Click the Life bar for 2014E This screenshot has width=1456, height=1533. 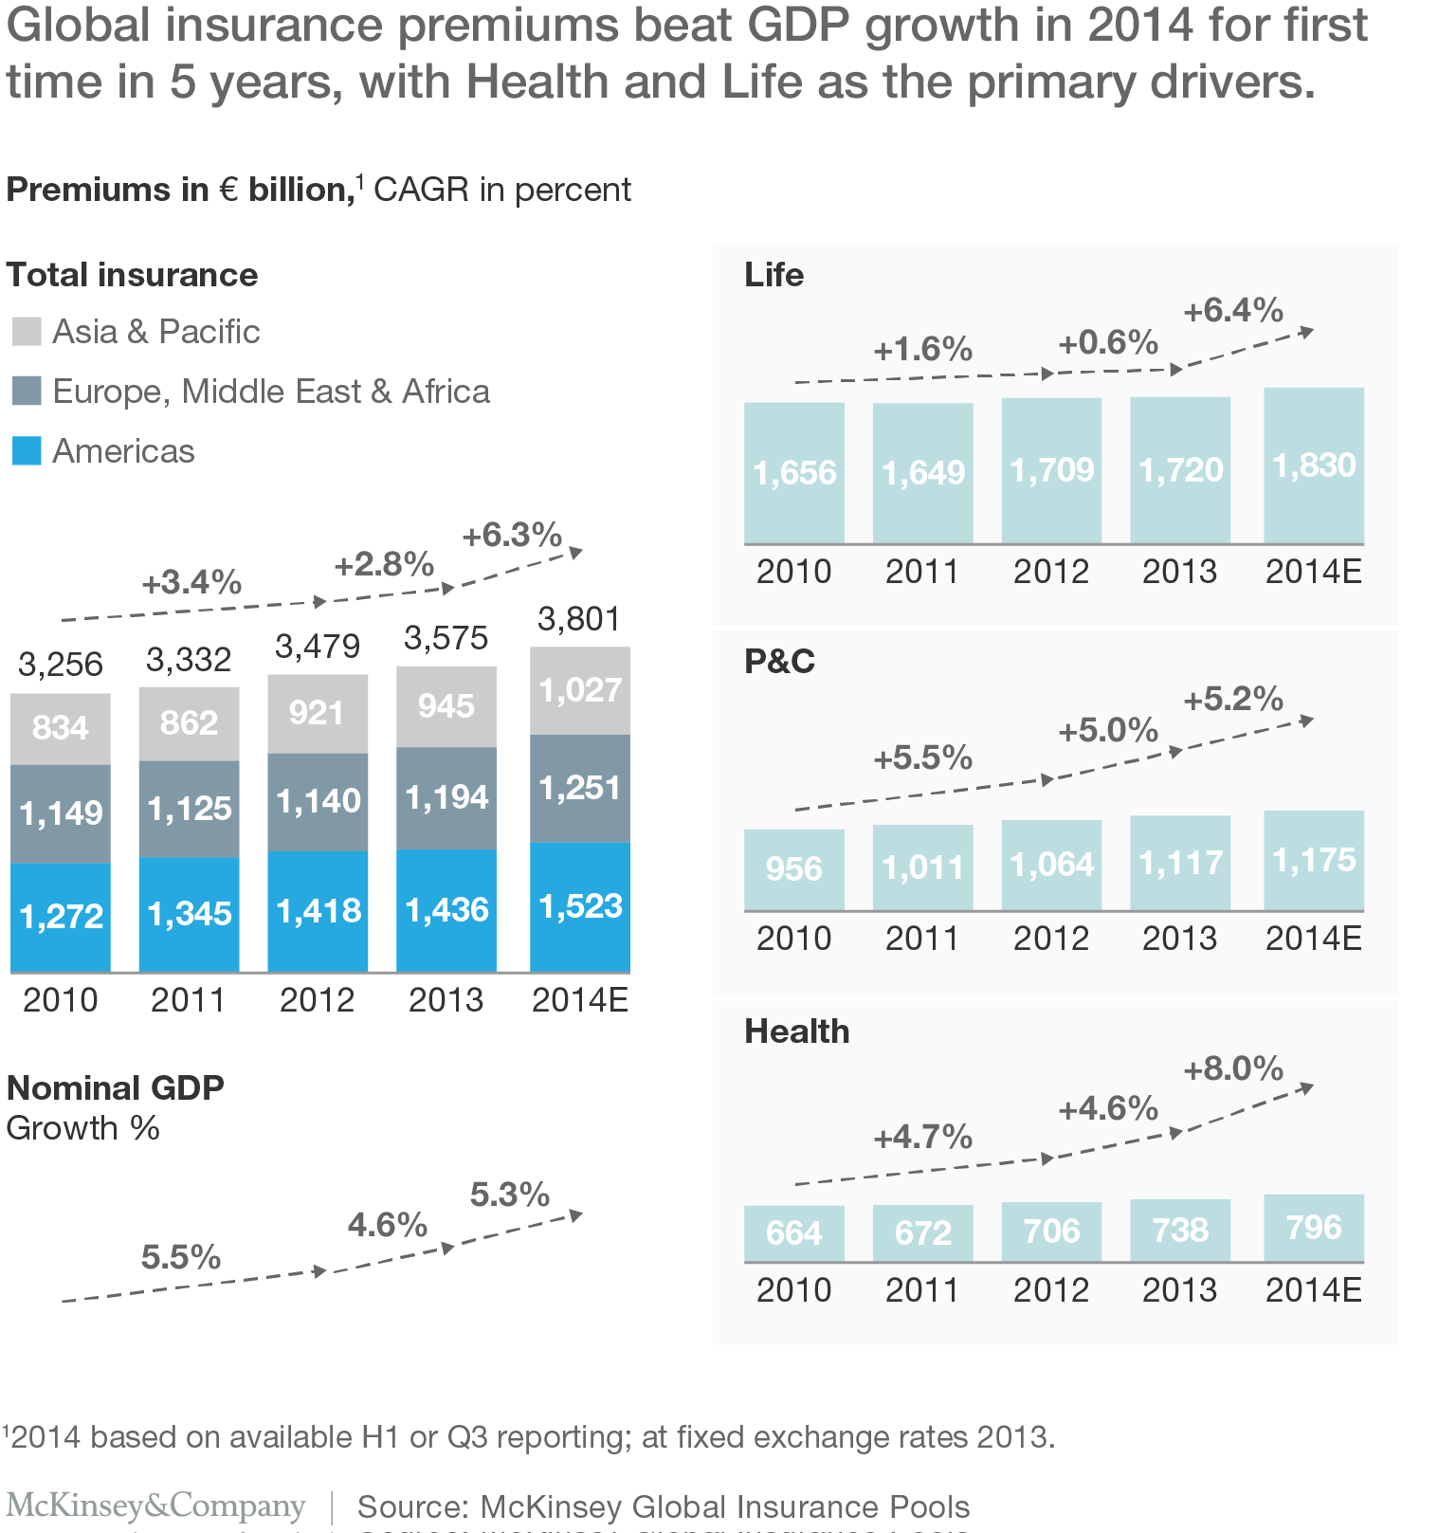click(1314, 465)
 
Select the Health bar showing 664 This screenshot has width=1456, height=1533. click(793, 1232)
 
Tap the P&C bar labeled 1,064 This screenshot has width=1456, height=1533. click(1051, 865)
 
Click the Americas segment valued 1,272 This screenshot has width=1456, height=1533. click(61, 916)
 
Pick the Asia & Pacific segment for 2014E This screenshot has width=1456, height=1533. click(579, 690)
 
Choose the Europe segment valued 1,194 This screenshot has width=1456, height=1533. click(446, 797)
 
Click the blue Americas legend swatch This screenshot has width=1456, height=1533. click(27, 450)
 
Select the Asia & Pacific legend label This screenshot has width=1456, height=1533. click(155, 332)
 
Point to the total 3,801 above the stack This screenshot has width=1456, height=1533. click(578, 619)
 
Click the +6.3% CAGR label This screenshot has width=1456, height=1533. click(512, 535)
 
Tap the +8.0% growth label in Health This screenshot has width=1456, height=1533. click(1233, 1068)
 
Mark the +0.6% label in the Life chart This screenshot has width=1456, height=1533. click(1108, 342)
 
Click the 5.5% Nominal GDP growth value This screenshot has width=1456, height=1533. click(180, 1257)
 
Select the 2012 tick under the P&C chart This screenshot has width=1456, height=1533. click(1050, 938)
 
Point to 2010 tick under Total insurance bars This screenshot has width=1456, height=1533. click(60, 999)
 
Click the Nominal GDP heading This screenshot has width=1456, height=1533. click(116, 1087)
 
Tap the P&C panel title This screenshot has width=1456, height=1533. click(779, 661)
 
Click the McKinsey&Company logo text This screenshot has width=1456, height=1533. click(156, 1506)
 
